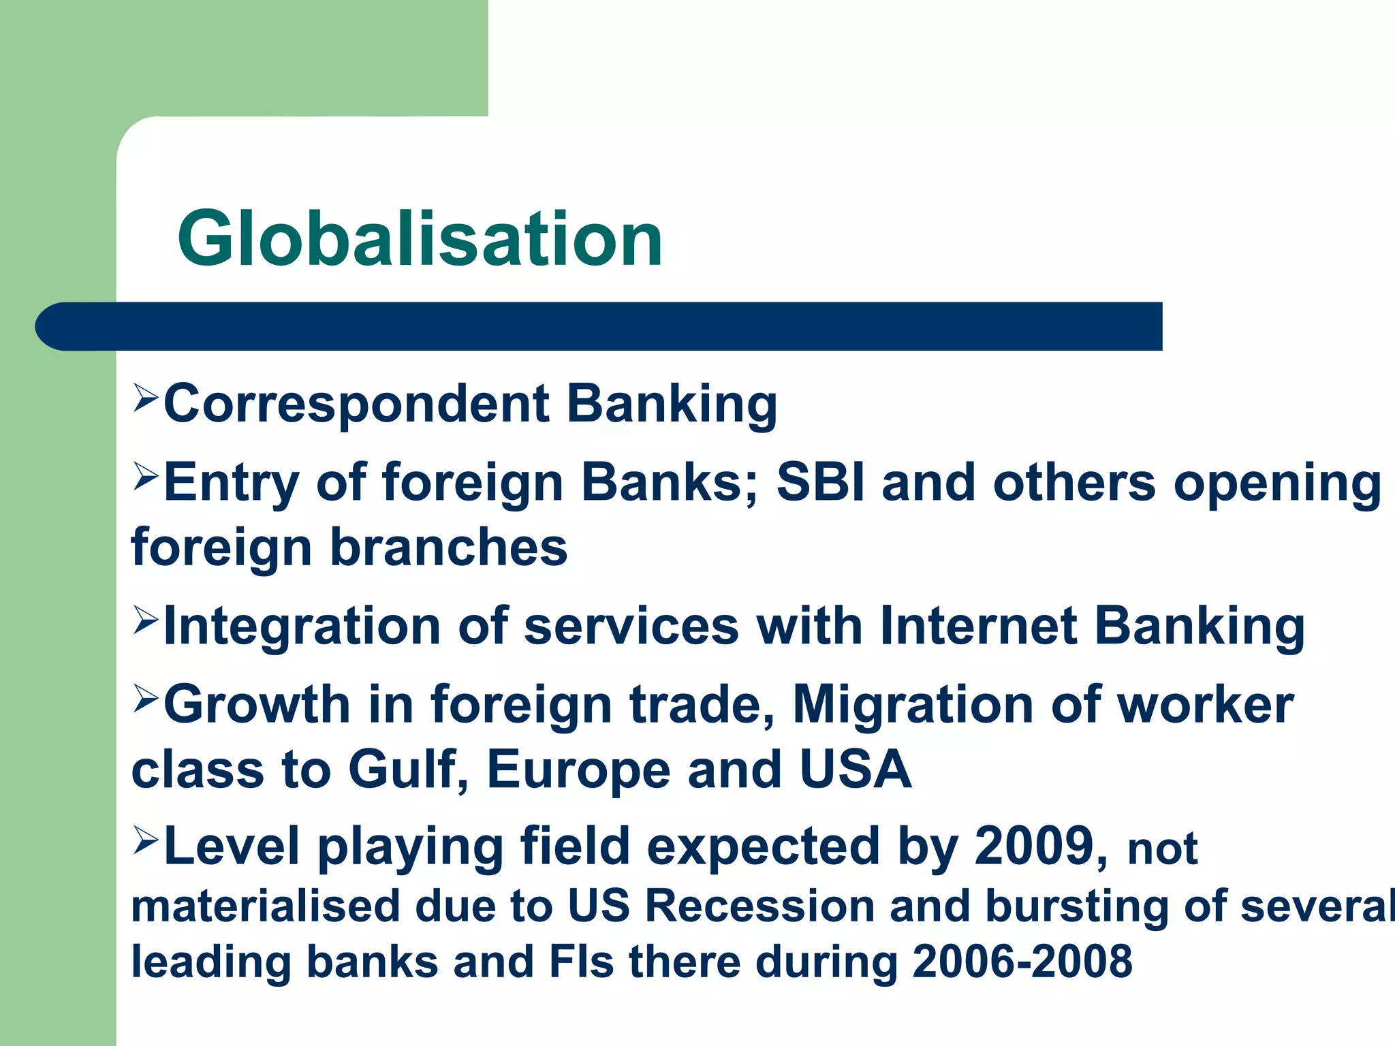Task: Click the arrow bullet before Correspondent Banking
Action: (146, 397)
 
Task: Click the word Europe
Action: (579, 769)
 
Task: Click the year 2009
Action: (1034, 846)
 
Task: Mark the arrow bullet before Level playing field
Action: (146, 840)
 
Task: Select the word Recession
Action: (759, 906)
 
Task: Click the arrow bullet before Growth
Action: (146, 698)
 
